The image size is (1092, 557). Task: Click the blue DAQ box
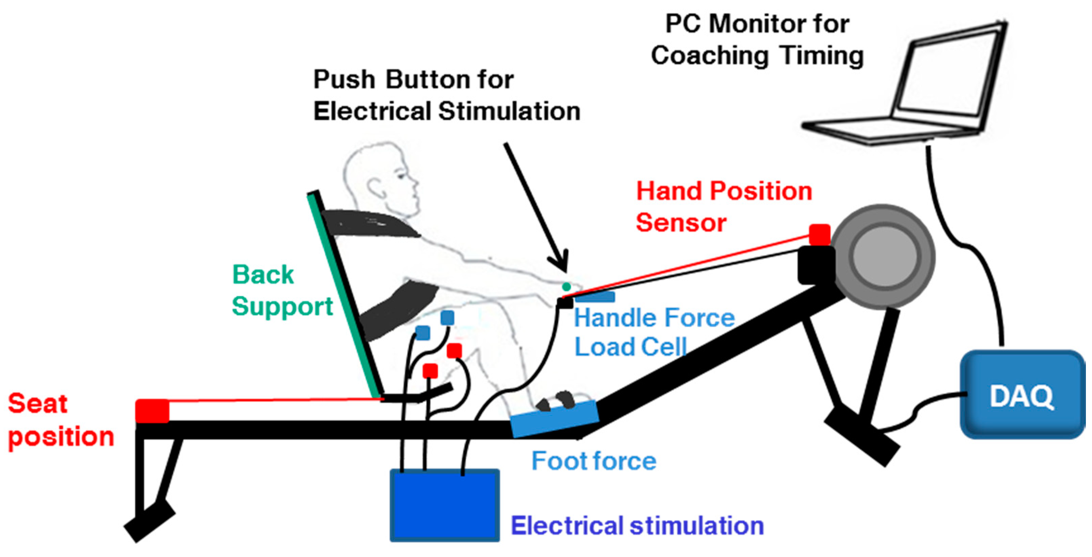pos(1022,395)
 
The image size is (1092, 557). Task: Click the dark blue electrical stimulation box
pos(444,505)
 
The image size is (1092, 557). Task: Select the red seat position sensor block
pos(152,411)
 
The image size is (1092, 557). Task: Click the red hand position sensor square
pos(819,234)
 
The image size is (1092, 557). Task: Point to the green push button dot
pos(566,287)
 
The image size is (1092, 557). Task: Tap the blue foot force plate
pos(553,418)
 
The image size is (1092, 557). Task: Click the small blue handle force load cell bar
pos(596,297)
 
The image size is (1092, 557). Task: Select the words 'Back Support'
pos(282,290)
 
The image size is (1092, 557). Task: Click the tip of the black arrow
pos(565,271)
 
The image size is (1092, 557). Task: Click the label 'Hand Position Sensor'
pos(723,207)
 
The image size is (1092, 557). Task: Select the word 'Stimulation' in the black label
pos(509,111)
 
